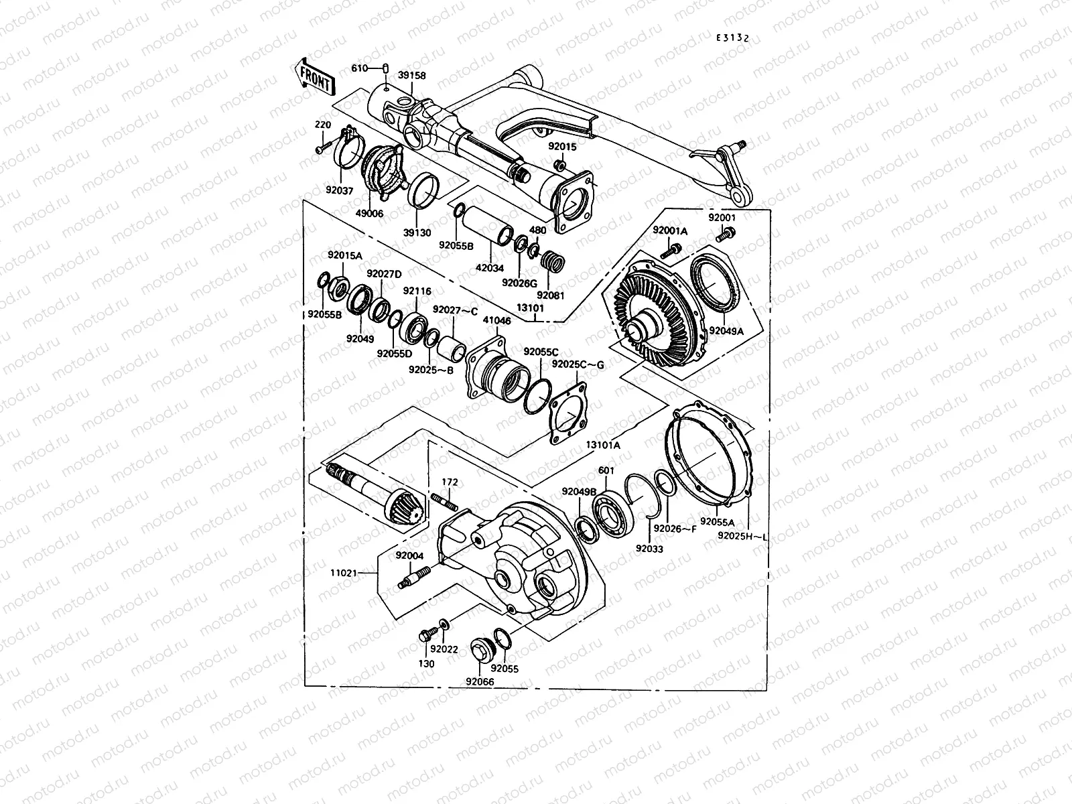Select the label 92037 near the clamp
340,190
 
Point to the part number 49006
370,214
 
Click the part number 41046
496,322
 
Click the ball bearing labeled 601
612,511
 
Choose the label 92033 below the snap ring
649,548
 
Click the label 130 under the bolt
426,664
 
